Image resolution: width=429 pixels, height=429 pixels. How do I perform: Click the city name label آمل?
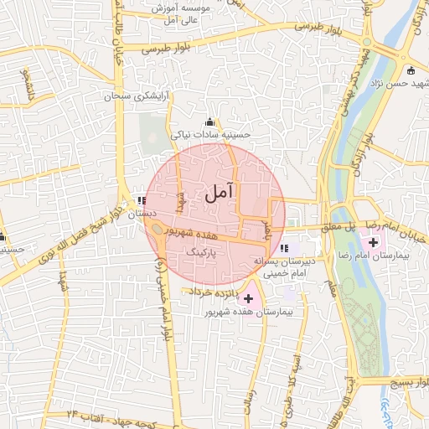[x=216, y=194]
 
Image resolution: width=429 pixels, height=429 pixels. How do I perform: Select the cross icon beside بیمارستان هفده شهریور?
[x=247, y=298]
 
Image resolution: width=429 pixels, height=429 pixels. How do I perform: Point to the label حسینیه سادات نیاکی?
[x=210, y=133]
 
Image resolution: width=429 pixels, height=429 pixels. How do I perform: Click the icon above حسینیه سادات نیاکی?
[x=209, y=122]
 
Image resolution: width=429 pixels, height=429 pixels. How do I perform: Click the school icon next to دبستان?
[x=141, y=201]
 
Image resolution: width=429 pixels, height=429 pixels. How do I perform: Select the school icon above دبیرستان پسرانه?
[x=285, y=249]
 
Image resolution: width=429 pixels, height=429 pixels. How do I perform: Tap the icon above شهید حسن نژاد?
[x=410, y=70]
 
